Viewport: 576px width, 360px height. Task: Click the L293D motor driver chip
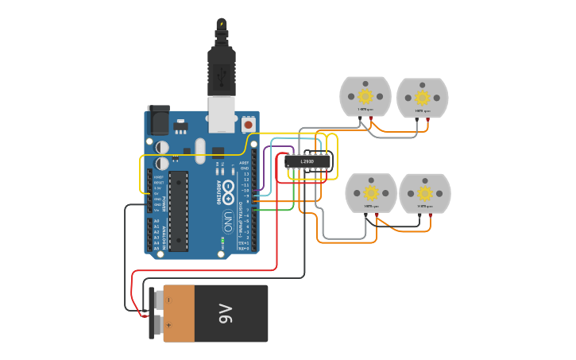click(307, 161)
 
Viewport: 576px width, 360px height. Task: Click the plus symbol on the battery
click(167, 324)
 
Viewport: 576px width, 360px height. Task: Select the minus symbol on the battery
click(167, 300)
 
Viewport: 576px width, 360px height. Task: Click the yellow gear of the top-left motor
click(365, 96)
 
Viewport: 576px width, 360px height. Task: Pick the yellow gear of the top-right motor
click(423, 97)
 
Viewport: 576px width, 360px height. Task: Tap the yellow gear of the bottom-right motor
click(425, 193)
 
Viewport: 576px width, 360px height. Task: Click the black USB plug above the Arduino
click(222, 68)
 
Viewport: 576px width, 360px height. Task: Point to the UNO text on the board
click(226, 218)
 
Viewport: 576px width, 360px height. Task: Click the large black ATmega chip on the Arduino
click(178, 211)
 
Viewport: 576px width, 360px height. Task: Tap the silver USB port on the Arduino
click(222, 114)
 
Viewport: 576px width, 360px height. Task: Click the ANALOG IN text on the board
click(164, 234)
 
